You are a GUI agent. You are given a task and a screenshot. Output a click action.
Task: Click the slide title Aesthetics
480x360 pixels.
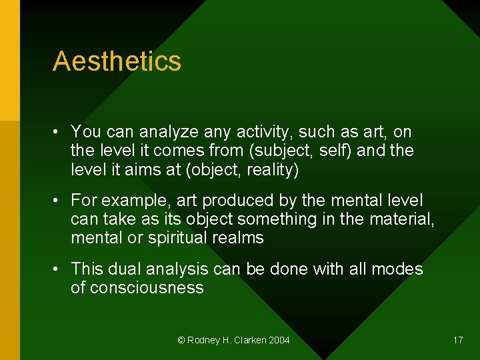coord(117,61)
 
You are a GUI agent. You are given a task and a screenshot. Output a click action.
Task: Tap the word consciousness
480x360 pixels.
coord(146,288)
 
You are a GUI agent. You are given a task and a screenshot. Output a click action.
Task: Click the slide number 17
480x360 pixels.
coord(458,340)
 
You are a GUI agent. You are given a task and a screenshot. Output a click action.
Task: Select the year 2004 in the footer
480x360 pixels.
coord(279,341)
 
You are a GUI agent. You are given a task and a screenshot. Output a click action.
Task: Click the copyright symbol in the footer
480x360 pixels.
coord(181,341)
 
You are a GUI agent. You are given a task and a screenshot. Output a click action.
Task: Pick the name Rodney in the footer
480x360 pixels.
coord(202,341)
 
